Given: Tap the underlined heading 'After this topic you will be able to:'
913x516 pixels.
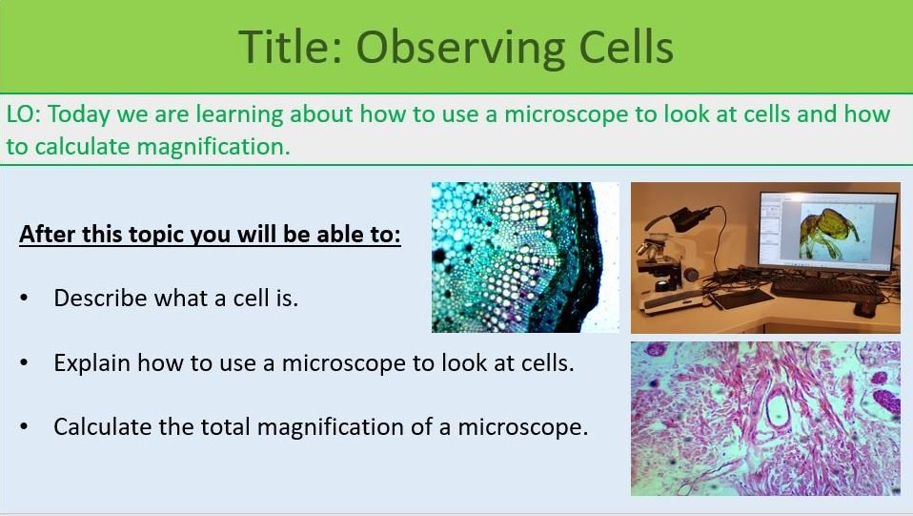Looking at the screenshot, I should click(210, 235).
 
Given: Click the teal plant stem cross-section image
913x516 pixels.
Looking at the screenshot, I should click(524, 258).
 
